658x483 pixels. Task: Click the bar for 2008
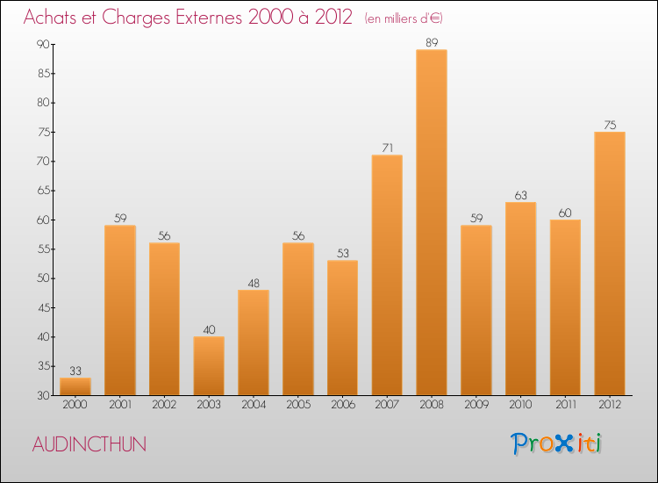[x=431, y=222]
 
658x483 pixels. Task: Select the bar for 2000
[x=75, y=386]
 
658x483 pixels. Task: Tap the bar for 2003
[x=209, y=366]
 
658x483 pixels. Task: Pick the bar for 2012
[x=609, y=263]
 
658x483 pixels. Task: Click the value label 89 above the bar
[x=431, y=41]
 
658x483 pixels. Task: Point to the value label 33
[x=75, y=370]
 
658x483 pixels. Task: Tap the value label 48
[x=254, y=282]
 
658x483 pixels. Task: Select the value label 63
[x=520, y=194]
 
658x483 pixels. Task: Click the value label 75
[x=609, y=124]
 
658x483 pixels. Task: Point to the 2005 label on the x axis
[x=297, y=406]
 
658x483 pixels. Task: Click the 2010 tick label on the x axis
[x=520, y=406]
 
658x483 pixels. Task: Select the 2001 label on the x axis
[x=119, y=406]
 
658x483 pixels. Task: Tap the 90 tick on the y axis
[x=42, y=44]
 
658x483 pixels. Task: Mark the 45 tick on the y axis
[x=42, y=307]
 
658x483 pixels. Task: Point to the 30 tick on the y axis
[x=42, y=396]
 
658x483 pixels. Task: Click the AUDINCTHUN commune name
[x=89, y=444]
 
